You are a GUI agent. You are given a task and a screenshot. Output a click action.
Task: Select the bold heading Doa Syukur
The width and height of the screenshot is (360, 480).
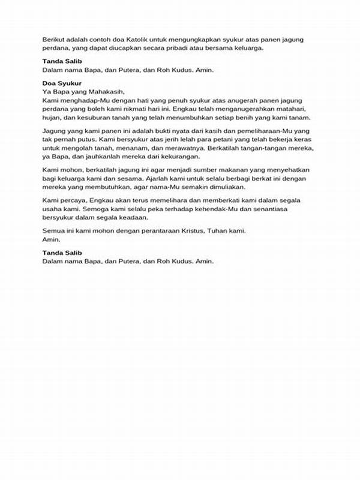pyautogui.click(x=62, y=83)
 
